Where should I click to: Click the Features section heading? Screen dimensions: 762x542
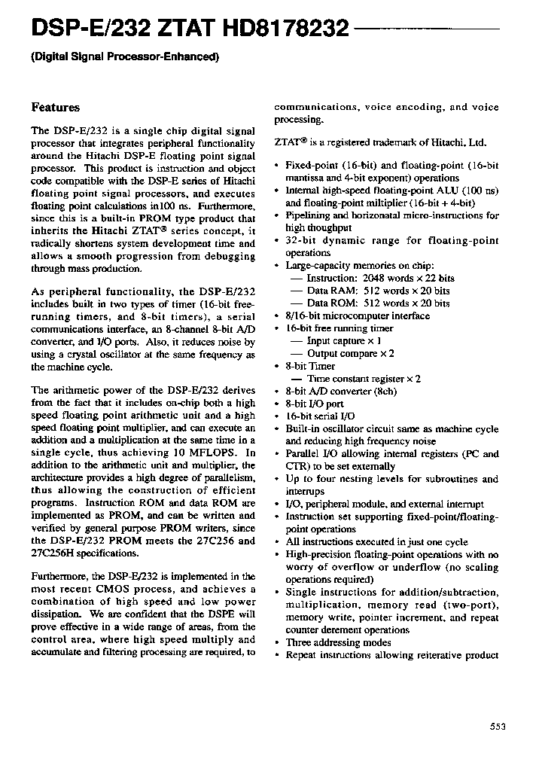point(55,108)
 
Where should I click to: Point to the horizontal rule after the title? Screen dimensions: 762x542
point(426,29)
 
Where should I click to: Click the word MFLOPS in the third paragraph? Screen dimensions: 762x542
point(215,453)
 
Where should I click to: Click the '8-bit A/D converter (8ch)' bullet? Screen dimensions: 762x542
point(341,391)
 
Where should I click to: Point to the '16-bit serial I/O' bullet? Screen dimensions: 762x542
point(320,416)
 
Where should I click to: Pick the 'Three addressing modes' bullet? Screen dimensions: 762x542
point(338,642)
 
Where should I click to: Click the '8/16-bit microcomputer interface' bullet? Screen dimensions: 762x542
point(358,315)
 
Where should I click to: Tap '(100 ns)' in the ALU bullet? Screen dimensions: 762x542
point(480,190)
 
